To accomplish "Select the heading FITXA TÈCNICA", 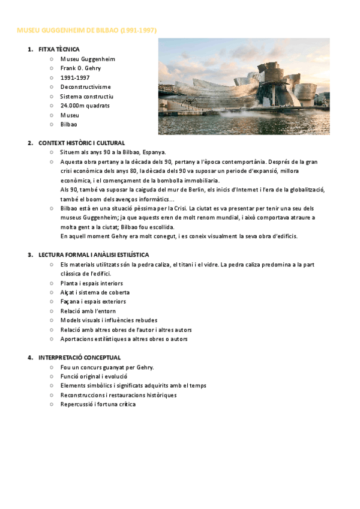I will tap(59, 49).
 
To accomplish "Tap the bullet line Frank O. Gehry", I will tap(80, 68).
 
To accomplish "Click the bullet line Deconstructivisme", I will tap(85, 87).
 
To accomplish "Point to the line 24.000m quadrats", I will tap(85, 106).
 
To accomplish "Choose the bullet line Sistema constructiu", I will tap(87, 96).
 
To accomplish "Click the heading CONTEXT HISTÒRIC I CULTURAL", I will tap(82, 143).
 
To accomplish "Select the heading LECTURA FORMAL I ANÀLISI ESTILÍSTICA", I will tap(94, 255).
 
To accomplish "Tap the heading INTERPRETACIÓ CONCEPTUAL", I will tap(79, 358).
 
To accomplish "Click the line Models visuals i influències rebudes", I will tap(109, 321).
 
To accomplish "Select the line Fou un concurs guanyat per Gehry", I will tap(107, 367).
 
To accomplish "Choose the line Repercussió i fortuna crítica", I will tap(98, 405).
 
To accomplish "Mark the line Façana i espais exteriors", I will tap(93, 301).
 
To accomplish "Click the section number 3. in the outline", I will tap(30, 255).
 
